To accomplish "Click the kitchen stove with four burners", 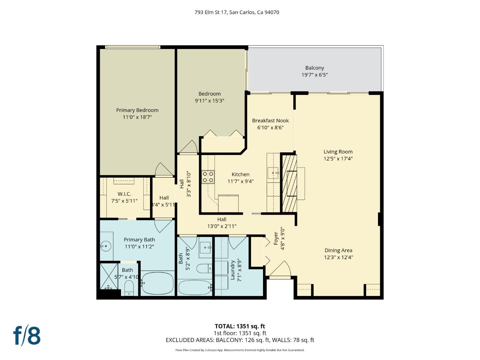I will coord(208,177).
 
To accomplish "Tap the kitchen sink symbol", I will coord(273,173).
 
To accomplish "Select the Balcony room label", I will coord(314,68).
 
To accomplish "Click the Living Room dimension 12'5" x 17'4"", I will coord(338,159).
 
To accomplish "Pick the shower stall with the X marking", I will coord(109,276).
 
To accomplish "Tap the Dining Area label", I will coord(338,250).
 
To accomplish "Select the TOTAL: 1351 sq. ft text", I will coord(240,326).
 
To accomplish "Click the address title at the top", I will coord(237,12).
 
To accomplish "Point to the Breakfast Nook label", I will coord(270,121).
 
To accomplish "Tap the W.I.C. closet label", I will coord(124,194).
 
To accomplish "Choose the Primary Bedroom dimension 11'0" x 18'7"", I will coord(137,117).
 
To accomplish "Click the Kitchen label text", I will coord(240,174).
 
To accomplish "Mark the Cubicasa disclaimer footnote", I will coord(240,350).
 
